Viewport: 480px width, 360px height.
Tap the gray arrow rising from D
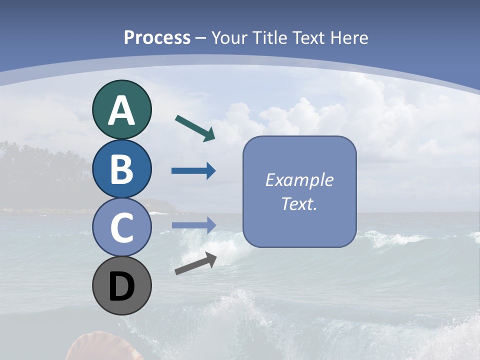pyautogui.click(x=195, y=263)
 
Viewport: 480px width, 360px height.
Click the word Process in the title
pyautogui.click(x=157, y=37)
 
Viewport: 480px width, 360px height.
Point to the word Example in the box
pyautogui.click(x=299, y=180)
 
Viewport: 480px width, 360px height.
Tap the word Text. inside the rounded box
pyautogui.click(x=299, y=203)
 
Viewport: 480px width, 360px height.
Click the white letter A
pyautogui.click(x=121, y=111)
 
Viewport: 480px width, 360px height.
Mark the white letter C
pyautogui.click(x=121, y=228)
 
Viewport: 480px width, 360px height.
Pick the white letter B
pyautogui.click(x=121, y=169)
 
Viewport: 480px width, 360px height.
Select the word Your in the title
pyautogui.click(x=230, y=37)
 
